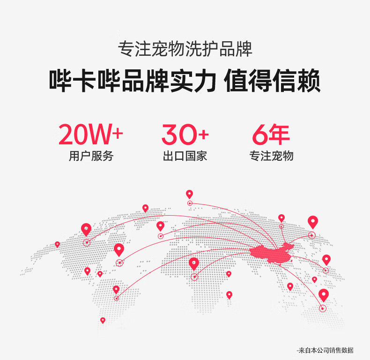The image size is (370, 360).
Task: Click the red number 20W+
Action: coord(90,135)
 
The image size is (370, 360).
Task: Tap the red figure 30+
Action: coord(185,135)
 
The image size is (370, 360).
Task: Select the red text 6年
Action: coord(271,135)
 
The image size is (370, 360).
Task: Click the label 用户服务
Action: coord(91,156)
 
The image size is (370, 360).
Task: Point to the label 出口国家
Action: coord(185,156)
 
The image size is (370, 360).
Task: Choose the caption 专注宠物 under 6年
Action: coord(271,156)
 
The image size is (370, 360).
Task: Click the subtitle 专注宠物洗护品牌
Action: coord(185,49)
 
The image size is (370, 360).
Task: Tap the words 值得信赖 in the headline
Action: coord(273,81)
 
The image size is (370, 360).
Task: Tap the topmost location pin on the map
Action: coord(189,194)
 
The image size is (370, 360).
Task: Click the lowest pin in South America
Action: coord(103,320)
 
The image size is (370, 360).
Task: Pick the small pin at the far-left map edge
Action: coord(58,244)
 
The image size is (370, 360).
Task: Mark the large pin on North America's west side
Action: coord(86,229)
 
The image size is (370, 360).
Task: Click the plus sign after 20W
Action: coord(118,134)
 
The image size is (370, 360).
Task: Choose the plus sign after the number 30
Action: coord(203,135)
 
